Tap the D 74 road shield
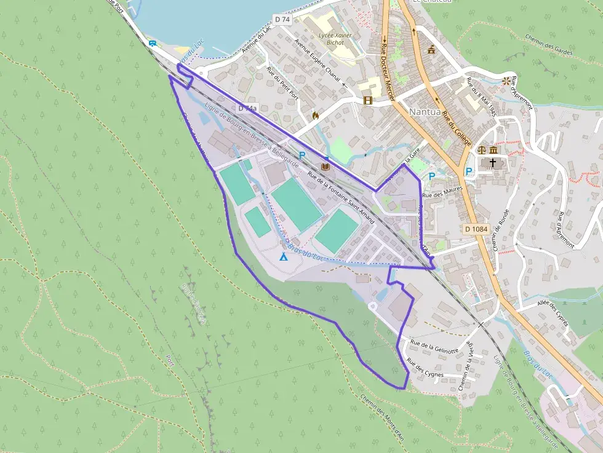282,19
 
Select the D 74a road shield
247,108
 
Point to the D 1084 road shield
476,229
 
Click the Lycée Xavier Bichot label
335,39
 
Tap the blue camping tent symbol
284,256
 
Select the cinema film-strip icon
368,100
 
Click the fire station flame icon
316,114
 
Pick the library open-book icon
325,166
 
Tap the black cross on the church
492,163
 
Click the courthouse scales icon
482,149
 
